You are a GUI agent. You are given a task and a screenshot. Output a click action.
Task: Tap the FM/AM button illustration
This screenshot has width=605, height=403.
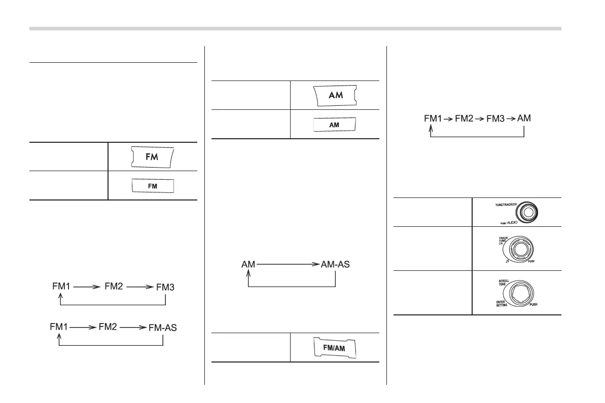(x=334, y=348)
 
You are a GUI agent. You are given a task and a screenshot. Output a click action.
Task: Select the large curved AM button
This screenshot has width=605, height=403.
(x=335, y=95)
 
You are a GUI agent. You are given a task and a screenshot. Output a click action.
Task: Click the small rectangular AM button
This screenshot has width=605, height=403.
(x=334, y=125)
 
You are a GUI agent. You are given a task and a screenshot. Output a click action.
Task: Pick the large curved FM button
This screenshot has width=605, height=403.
(x=153, y=156)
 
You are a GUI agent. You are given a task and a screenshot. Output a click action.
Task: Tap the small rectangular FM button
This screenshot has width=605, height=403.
(x=153, y=186)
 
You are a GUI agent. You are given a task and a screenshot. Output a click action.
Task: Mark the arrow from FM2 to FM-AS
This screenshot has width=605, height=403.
(x=134, y=328)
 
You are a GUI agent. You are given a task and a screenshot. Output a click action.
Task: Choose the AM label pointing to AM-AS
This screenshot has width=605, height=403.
(x=248, y=264)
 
